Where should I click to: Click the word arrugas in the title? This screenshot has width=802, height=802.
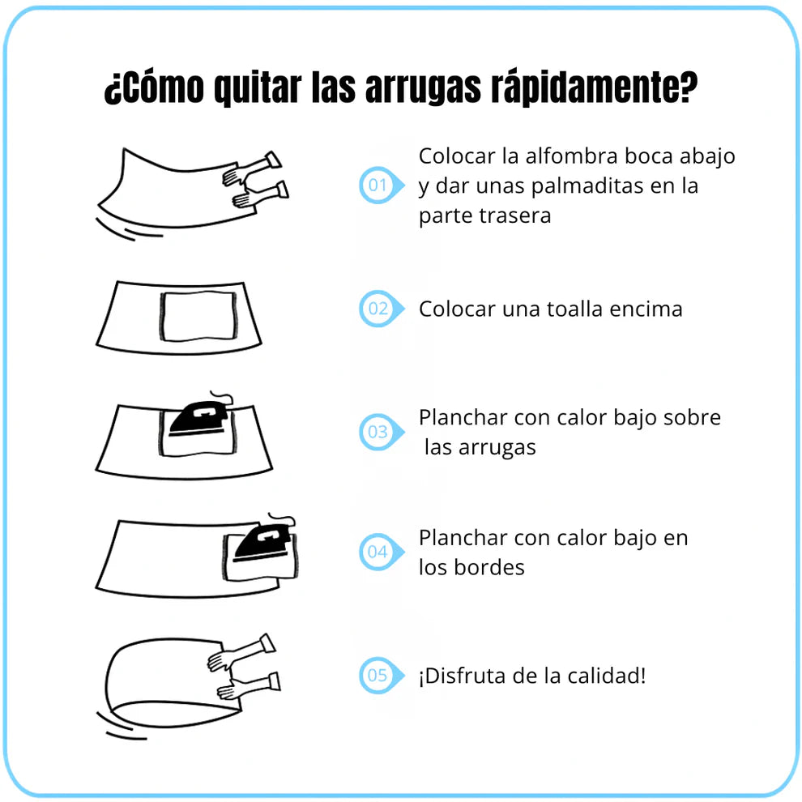[x=423, y=88]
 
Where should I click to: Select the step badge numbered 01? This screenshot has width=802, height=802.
[x=381, y=186]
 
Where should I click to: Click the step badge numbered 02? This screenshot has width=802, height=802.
[x=381, y=309]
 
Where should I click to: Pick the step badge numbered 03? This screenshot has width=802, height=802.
[x=381, y=432]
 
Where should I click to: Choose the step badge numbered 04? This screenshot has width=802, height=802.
[x=381, y=552]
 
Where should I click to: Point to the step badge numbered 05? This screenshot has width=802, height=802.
[x=381, y=675]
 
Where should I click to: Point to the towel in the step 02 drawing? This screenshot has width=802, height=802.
[x=198, y=316]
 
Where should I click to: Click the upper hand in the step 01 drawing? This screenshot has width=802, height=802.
[x=252, y=168]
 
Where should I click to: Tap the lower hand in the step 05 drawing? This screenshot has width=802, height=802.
[x=249, y=686]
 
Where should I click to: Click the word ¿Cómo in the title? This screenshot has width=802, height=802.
[x=154, y=88]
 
